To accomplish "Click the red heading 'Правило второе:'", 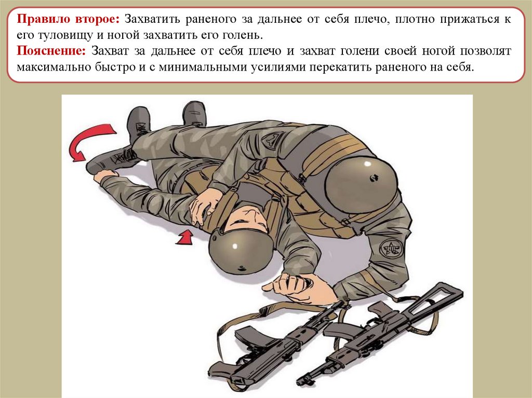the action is tap(68, 19).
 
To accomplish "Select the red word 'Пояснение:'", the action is tap(51, 51).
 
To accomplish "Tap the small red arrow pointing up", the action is tap(185, 237).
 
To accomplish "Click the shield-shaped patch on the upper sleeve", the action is tap(271, 139).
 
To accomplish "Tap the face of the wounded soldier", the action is tap(245, 218).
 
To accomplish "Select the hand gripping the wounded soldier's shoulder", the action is tap(205, 204).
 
